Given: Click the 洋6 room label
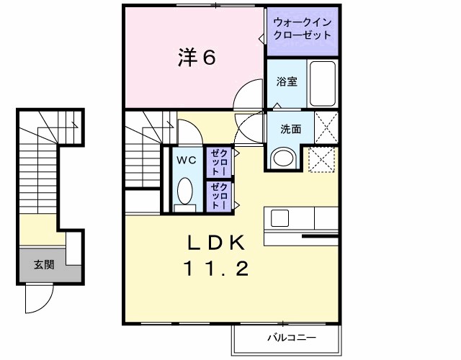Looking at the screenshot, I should (196, 58).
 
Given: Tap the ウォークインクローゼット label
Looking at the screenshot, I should (302, 29).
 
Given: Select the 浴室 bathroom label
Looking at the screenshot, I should (287, 81).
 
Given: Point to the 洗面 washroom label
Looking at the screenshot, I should (291, 130).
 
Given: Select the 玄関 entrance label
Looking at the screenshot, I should (43, 264).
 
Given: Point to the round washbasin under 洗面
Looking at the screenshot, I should (282, 158).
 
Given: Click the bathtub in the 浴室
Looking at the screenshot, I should (325, 83).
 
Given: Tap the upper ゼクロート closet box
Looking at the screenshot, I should (218, 162).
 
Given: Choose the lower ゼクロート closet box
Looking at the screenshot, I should (218, 195).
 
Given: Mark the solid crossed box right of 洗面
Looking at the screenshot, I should (328, 129).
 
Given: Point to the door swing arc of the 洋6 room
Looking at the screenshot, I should (249, 95).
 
